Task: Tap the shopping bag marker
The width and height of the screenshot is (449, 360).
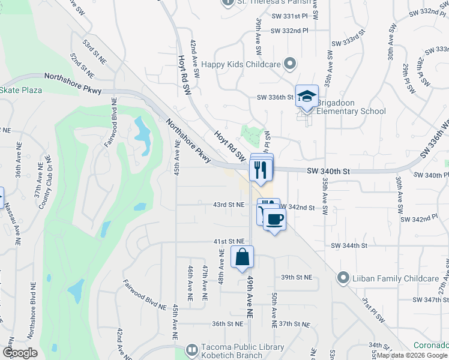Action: (241, 257)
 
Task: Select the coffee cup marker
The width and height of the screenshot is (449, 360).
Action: (274, 220)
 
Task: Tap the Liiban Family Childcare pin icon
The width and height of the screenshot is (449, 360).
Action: (343, 278)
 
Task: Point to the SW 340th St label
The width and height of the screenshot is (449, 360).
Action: (328, 171)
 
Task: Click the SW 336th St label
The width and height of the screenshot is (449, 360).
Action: (274, 97)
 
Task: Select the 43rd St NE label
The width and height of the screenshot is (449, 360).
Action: (229, 205)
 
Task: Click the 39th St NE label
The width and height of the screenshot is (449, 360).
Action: (297, 277)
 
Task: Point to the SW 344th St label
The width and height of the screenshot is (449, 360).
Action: (349, 245)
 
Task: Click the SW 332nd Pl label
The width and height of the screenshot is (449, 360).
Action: (289, 30)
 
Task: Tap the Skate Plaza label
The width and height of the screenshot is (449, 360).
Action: (20, 90)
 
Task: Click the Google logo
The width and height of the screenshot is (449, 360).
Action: (20, 353)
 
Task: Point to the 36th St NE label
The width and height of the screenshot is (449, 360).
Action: (228, 324)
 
